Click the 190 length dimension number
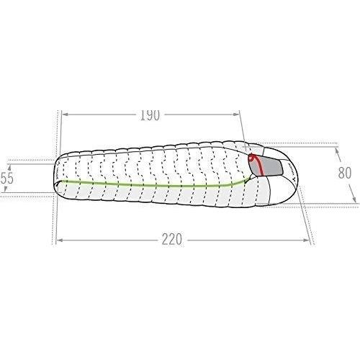coord(150,115)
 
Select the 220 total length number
coord(172,240)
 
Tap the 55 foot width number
coord(7,178)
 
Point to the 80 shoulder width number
coord(345,173)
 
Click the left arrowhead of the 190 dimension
coord(64,114)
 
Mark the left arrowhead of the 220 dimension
coord(59,240)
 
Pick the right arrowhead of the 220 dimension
coord(307,240)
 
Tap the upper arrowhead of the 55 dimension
coord(9,167)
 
